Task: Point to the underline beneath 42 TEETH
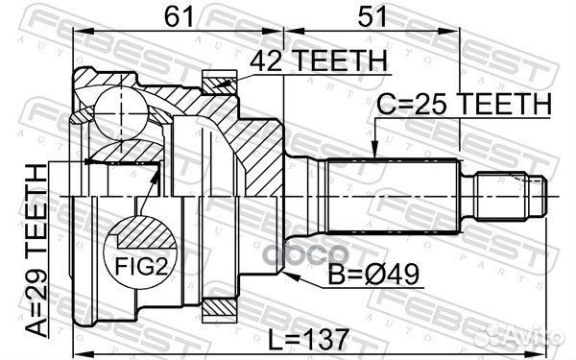click(x=317, y=73)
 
